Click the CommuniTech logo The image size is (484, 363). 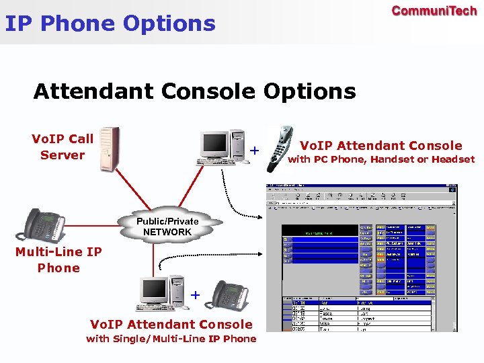tap(434, 11)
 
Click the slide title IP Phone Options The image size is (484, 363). tap(110, 24)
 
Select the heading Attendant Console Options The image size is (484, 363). tap(194, 91)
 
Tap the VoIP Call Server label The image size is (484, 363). tap(63, 147)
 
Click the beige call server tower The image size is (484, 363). tap(110, 149)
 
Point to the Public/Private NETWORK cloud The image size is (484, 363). tap(167, 227)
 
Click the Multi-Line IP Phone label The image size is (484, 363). tap(58, 259)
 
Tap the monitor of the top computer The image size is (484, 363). tap(215, 143)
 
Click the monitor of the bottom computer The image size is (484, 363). tap(155, 290)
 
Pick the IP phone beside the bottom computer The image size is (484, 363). tap(231, 295)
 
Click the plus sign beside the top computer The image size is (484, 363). tap(255, 150)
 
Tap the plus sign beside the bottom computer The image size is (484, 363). tap(195, 294)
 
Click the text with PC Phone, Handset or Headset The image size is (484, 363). tap(381, 160)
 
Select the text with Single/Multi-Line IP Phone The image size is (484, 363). tap(171, 339)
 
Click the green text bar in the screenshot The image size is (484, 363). tap(319, 233)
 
